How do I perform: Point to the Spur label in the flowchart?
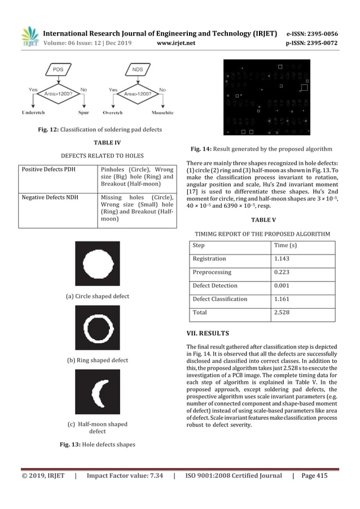84,112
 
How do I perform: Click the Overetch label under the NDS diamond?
112,112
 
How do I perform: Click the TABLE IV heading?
99,143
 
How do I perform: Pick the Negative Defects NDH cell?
49,198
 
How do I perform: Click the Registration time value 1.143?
283,259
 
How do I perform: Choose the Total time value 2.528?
283,313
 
